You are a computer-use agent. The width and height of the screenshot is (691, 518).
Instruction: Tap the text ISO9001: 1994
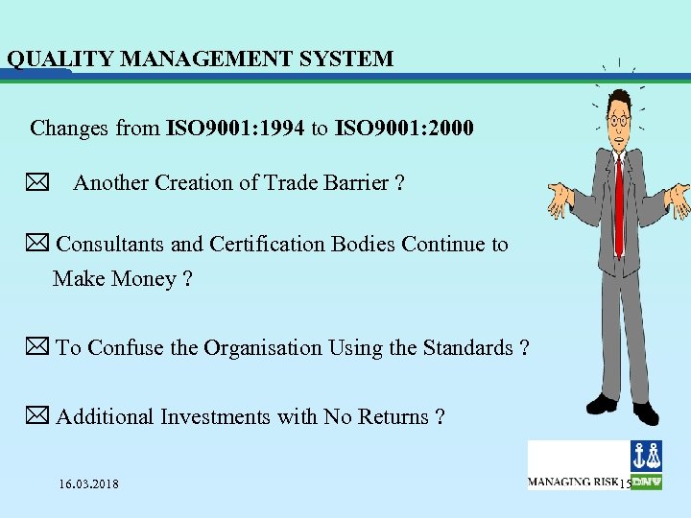(x=236, y=128)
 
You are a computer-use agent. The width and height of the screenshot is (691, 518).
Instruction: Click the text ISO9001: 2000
(x=404, y=128)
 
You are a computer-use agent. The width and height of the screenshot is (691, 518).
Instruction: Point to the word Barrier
(x=349, y=183)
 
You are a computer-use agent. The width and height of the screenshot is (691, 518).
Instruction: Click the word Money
(x=142, y=279)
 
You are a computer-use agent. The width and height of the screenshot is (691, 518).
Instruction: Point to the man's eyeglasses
(x=619, y=120)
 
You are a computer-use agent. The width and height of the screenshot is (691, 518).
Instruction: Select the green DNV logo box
(x=646, y=482)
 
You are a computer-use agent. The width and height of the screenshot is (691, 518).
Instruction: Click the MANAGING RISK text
(x=573, y=482)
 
